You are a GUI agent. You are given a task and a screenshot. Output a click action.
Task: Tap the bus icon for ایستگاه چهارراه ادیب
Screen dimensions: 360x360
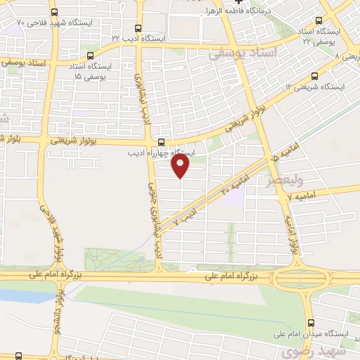(x=162, y=140)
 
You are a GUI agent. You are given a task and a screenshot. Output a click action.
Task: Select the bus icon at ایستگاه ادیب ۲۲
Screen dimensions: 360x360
(x=135, y=29)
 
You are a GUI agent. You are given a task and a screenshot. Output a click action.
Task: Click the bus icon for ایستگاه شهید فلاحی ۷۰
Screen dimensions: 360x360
(x=55, y=13)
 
